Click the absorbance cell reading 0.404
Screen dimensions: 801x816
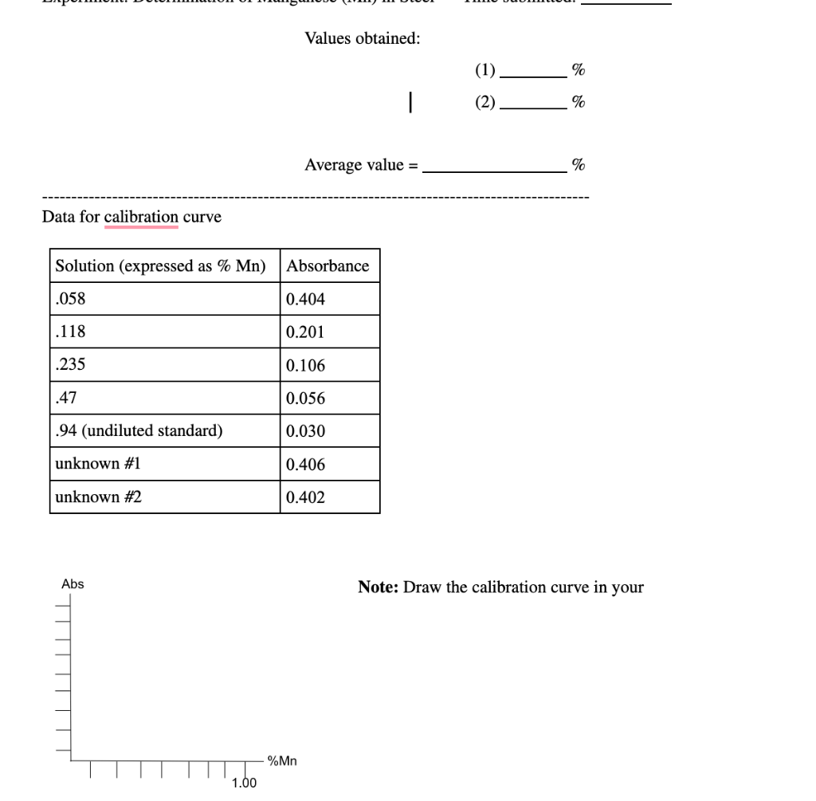[306, 300]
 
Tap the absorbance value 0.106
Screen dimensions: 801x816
[306, 366]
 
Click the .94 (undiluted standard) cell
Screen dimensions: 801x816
[139, 431]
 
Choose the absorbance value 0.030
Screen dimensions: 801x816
[306, 431]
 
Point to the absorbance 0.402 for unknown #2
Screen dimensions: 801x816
[306, 497]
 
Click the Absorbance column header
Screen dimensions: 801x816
[328, 266]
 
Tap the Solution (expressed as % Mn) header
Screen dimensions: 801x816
[160, 266]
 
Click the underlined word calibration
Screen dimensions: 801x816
[141, 217]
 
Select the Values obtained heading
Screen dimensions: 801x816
[363, 38]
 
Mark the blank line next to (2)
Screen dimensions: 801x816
[532, 103]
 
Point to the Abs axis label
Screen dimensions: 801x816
[73, 584]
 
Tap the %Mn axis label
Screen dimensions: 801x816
[283, 761]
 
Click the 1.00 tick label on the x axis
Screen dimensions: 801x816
[244, 783]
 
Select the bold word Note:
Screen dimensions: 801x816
[379, 588]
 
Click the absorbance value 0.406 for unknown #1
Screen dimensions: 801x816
[306, 465]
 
